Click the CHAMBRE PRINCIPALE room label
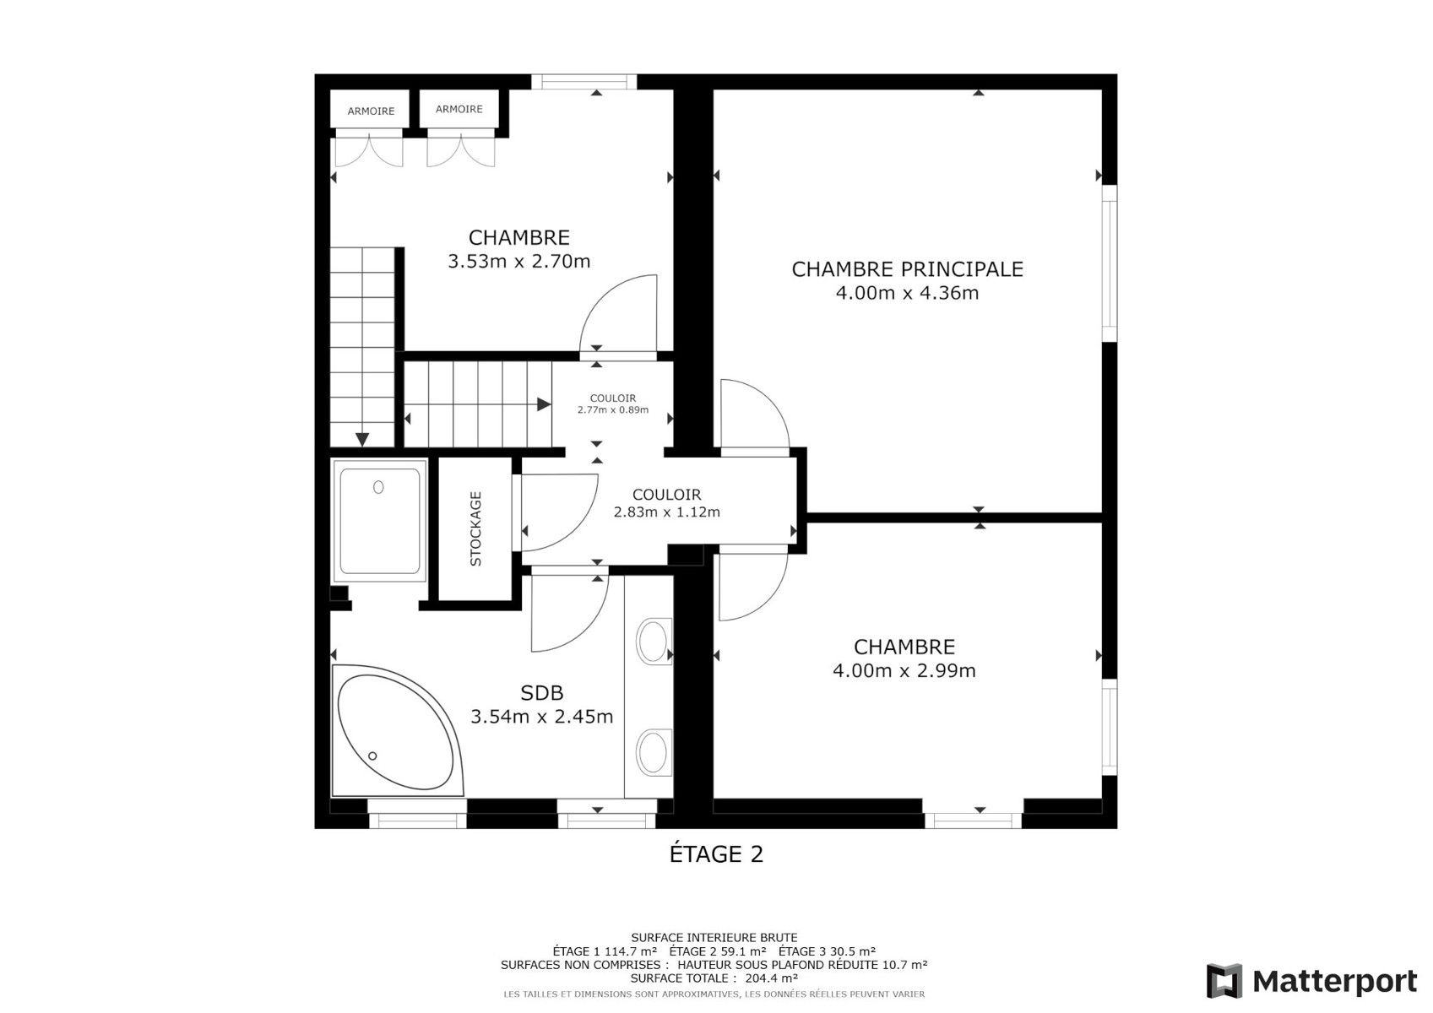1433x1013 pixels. (x=907, y=269)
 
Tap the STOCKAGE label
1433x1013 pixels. (x=475, y=528)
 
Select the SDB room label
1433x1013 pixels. (x=542, y=692)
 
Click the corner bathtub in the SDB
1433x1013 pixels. (x=397, y=731)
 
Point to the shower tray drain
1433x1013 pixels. (x=378, y=487)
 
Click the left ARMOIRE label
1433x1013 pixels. (x=371, y=111)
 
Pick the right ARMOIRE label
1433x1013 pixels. (x=459, y=110)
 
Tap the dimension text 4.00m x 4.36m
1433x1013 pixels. (x=907, y=293)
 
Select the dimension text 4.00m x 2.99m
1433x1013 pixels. (x=904, y=671)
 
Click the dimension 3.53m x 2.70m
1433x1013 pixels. (x=518, y=262)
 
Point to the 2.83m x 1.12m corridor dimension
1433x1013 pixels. (x=666, y=512)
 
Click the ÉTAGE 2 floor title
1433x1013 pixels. (x=716, y=854)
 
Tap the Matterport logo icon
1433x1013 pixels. (x=1224, y=981)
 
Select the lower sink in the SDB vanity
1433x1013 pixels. (x=653, y=753)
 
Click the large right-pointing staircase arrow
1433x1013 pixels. (x=544, y=404)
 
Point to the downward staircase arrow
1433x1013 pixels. (x=362, y=439)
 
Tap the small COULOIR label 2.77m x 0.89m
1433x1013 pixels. (x=613, y=404)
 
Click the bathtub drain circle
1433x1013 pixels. (x=372, y=756)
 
